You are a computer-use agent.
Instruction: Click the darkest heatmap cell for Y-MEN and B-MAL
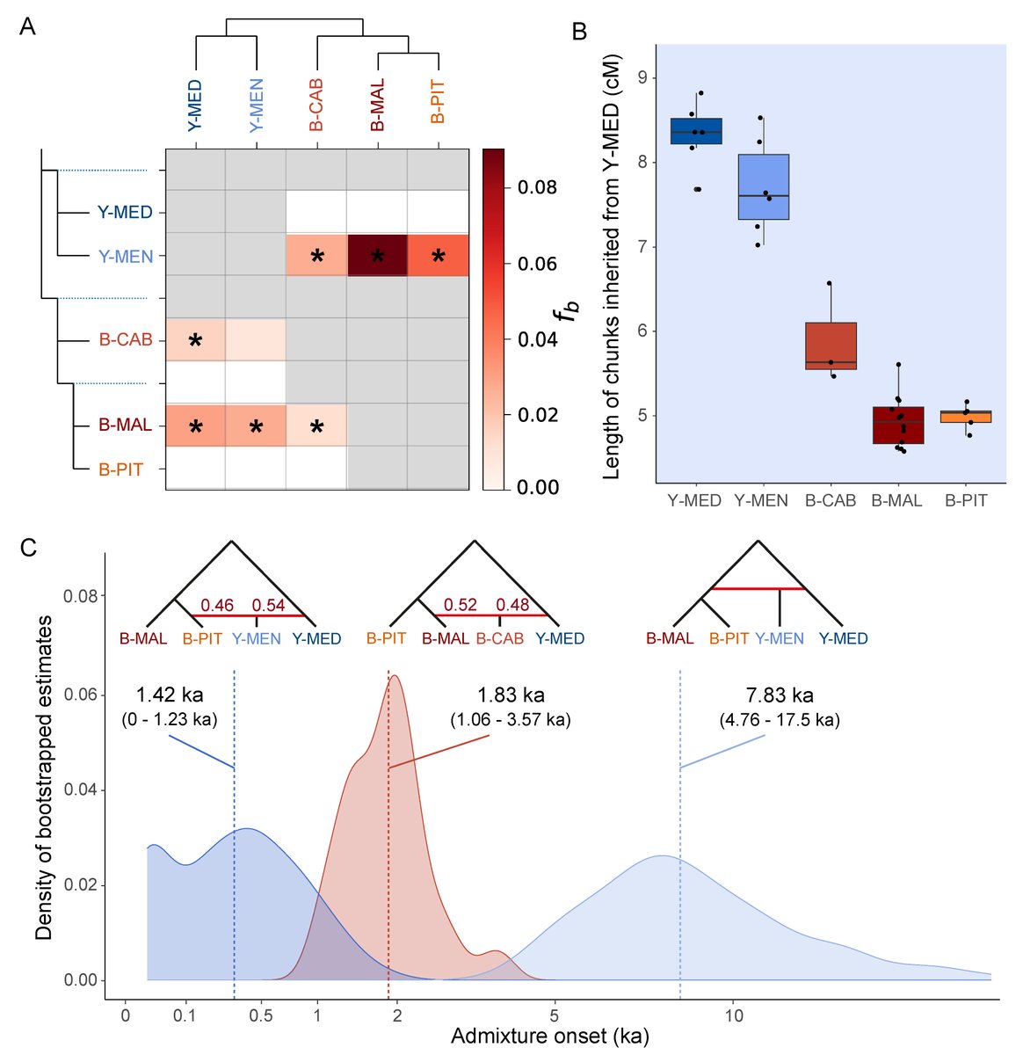tap(377, 256)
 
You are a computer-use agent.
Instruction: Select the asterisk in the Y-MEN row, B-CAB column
tap(316, 257)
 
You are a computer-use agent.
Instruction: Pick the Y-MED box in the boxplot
tap(696, 131)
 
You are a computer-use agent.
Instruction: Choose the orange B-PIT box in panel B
tap(966, 417)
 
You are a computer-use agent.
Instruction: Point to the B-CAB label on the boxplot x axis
tap(830, 501)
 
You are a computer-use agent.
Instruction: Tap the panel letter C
tap(28, 548)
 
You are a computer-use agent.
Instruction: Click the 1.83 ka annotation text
tap(510, 695)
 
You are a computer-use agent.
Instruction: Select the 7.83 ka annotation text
tap(779, 695)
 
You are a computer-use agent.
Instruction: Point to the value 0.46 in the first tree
tap(216, 606)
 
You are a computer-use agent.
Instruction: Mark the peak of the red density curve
tap(395, 676)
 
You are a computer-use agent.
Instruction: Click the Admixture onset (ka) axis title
tap(549, 1037)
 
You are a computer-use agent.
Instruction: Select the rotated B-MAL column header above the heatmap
tap(377, 106)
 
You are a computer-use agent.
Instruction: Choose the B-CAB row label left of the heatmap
tap(125, 340)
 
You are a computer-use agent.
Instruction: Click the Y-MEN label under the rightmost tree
tap(779, 639)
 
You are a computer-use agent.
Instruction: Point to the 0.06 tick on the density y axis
tap(83, 695)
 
